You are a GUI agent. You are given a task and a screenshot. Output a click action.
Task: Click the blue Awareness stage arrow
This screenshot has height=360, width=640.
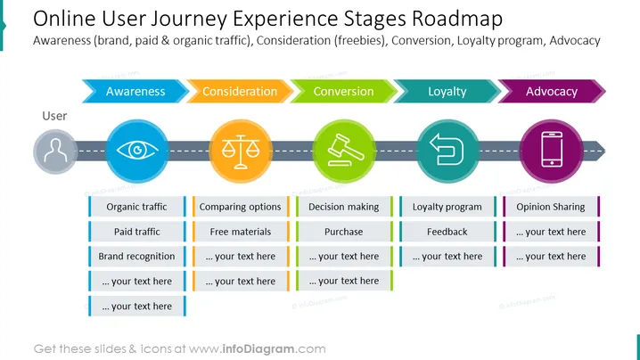[135, 91]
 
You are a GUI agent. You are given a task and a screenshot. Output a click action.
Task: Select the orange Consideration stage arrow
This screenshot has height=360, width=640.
[240, 91]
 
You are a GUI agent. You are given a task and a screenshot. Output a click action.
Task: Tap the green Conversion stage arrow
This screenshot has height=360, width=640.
[343, 91]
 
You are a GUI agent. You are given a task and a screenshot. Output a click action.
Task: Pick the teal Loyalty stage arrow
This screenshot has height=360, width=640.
[447, 91]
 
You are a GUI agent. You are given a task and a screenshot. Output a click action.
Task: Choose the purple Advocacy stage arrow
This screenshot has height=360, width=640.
[552, 91]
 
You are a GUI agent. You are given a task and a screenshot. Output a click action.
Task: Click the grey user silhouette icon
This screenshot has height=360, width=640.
[55, 151]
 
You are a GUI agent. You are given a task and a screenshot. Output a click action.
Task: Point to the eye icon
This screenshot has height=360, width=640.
[137, 151]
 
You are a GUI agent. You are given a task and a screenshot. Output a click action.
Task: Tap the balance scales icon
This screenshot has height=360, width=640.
[241, 151]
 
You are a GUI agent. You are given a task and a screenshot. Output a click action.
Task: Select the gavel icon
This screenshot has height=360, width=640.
[345, 151]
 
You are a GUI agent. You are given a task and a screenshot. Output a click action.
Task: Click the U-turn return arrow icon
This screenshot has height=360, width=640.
[447, 150]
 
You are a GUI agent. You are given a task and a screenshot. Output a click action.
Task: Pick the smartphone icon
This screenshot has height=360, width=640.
[552, 150]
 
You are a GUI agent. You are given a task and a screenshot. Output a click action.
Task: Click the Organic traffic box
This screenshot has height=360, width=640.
[136, 207]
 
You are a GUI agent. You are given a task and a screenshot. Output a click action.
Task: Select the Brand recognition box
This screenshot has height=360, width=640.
[136, 257]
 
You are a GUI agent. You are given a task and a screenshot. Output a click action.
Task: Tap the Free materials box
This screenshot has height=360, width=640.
[241, 232]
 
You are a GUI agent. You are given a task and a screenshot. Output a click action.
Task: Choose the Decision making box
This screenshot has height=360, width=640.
[344, 207]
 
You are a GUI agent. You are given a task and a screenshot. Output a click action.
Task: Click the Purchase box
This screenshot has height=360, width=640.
[344, 232]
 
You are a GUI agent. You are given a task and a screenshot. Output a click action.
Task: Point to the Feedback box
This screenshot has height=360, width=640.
[447, 232]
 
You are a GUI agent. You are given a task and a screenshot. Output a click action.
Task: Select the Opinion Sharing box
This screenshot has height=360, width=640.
[551, 207]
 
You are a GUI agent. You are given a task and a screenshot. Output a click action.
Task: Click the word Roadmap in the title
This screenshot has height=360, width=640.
[457, 19]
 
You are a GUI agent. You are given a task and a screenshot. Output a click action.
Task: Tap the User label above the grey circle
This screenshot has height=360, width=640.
[54, 116]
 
